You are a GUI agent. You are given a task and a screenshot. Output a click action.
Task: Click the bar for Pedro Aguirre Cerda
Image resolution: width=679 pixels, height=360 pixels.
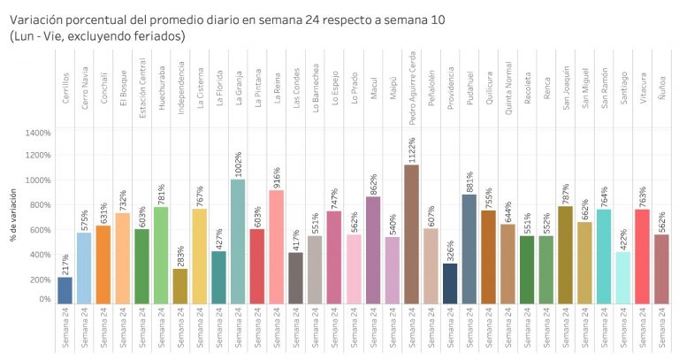coord(411,234)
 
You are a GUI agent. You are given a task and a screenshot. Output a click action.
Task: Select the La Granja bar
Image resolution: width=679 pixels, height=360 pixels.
coord(238,241)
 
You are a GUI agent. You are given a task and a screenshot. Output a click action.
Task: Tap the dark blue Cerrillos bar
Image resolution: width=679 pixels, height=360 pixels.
coord(65,290)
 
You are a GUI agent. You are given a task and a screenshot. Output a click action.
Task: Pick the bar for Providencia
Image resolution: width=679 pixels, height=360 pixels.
coord(450,283)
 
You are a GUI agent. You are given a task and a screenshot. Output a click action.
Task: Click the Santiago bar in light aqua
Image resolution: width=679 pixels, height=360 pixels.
coord(623,278)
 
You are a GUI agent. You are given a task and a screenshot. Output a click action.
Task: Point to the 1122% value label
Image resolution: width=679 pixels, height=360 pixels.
coord(411,149)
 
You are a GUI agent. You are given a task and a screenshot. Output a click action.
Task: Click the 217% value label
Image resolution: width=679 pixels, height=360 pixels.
coord(65,264)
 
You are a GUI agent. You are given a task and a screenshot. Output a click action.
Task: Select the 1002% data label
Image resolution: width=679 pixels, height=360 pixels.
coord(238,165)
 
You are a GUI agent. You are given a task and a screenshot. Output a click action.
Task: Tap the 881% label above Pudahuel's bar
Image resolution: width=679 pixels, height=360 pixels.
coord(469,182)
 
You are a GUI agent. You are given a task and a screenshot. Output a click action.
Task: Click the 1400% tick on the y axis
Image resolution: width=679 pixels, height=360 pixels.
coord(38,133)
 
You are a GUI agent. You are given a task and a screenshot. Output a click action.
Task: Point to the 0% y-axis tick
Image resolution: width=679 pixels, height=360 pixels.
coord(44,299)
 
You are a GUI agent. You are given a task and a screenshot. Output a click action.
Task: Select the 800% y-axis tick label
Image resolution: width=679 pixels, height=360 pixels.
coord(40,204)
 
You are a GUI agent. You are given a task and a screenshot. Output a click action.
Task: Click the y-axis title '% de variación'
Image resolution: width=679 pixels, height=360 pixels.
coord(13,215)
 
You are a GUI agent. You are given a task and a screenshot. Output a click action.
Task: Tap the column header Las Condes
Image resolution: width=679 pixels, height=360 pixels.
coord(296,88)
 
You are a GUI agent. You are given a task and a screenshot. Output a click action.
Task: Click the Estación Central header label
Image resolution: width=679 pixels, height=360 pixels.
coord(143,88)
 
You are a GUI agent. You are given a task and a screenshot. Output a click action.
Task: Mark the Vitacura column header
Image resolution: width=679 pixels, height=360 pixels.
coord(642,88)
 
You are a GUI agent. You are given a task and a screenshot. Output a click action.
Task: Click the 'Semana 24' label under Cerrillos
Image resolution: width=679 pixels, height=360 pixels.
coord(65,327)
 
